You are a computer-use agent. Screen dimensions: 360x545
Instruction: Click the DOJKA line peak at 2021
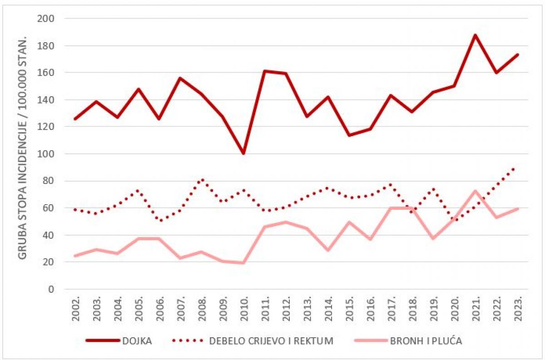(x=475, y=35)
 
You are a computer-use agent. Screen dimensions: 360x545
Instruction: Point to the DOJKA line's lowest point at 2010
(x=243, y=153)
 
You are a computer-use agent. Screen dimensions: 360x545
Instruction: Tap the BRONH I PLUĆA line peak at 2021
(x=475, y=191)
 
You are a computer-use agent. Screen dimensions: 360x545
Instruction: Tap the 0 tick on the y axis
(x=51, y=289)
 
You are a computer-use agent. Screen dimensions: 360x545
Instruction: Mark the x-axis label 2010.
(x=243, y=308)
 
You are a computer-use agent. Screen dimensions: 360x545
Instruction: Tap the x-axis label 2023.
(x=517, y=308)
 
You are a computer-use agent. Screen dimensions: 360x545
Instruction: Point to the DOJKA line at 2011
(x=265, y=71)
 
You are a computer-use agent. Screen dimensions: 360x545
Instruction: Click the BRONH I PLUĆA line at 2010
(x=243, y=263)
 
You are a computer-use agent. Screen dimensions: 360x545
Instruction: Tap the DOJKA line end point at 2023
(x=517, y=55)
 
